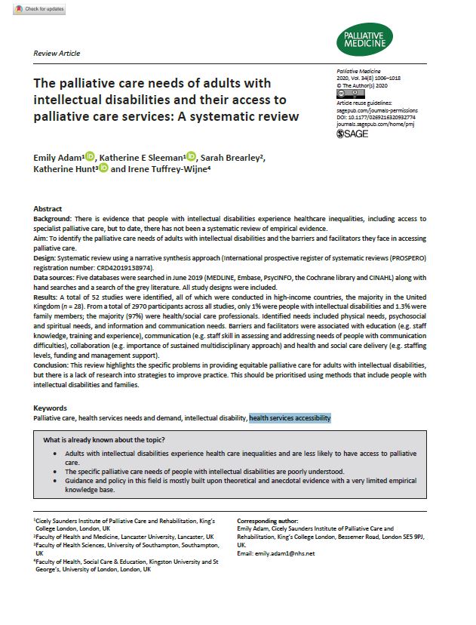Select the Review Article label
click(x=57, y=54)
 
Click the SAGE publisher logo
click(x=352, y=134)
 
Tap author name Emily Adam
click(x=57, y=157)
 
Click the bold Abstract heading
click(x=48, y=208)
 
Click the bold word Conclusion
click(x=53, y=365)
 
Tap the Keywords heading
click(x=49, y=408)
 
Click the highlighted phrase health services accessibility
click(x=290, y=418)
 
